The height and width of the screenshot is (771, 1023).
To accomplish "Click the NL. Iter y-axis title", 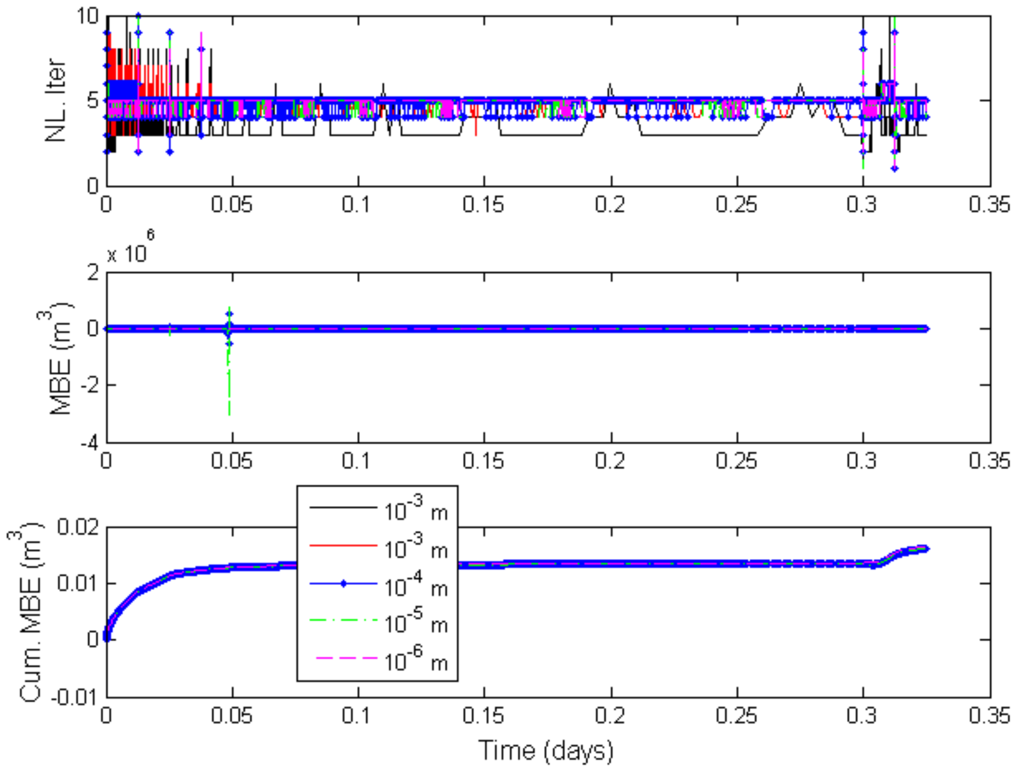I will coord(56,100).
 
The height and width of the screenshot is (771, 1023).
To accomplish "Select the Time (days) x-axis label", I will coord(546,750).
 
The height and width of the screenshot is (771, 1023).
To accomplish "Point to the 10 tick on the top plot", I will coord(88,16).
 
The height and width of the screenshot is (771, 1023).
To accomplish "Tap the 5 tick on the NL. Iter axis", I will coord(93,100).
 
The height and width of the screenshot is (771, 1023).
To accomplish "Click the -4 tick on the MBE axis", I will coord(90,443).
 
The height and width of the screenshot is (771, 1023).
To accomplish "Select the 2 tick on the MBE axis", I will coord(93,273).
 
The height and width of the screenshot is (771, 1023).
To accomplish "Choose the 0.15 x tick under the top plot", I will coord(484,204).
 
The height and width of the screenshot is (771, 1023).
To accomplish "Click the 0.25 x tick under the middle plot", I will coord(737,461).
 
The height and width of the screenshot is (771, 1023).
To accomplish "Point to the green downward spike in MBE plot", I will coord(229,393).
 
